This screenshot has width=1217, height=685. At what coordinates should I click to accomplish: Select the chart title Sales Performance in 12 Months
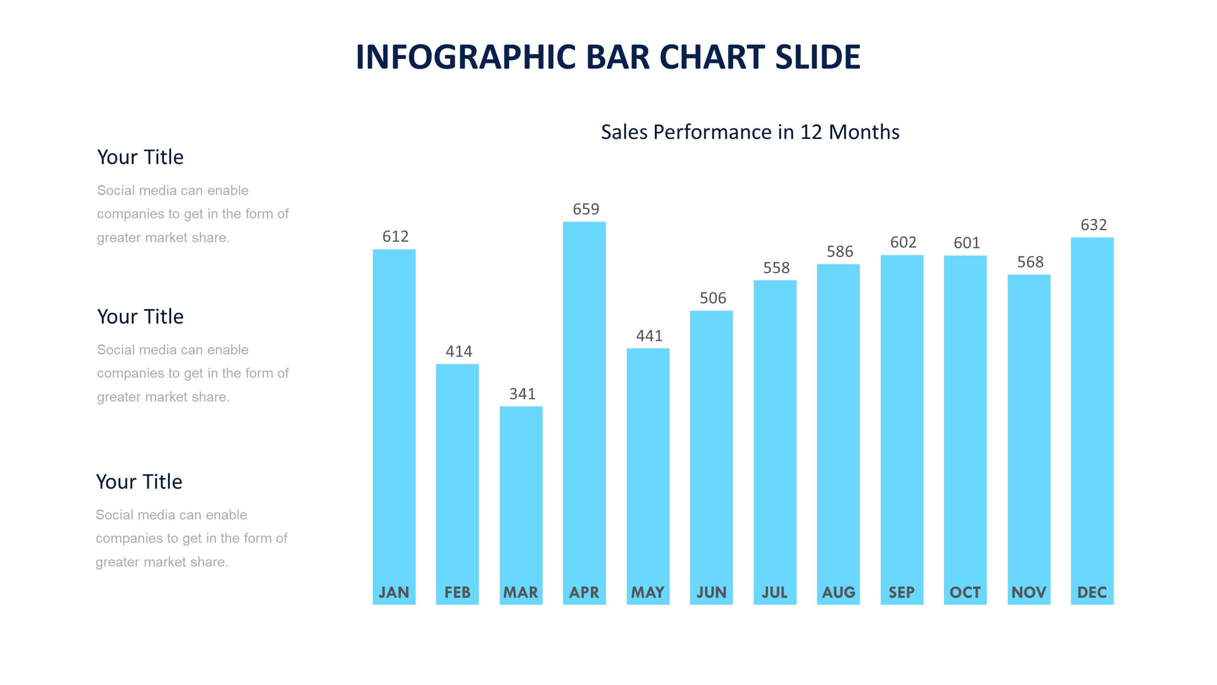tap(750, 132)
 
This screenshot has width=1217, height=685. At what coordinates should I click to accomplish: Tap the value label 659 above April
tap(585, 209)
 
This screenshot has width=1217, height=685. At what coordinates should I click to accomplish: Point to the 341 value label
tap(522, 394)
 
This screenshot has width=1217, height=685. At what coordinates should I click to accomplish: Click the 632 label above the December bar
tap(1093, 225)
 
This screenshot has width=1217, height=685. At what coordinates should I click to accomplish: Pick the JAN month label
tap(394, 592)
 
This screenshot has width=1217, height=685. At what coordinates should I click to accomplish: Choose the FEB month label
tap(458, 592)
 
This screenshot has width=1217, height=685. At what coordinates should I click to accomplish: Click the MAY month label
tap(648, 592)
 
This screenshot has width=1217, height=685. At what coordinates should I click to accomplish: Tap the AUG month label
tap(838, 592)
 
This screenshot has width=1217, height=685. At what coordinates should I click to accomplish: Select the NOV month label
tap(1029, 592)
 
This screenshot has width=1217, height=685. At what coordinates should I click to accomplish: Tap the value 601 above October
tap(966, 244)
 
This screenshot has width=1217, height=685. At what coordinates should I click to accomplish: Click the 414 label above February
tap(458, 352)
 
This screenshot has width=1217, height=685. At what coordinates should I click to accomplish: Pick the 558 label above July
tap(776, 268)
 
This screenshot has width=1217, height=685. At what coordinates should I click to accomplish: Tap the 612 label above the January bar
tap(395, 237)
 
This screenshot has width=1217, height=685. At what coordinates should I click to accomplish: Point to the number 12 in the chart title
tap(811, 132)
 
